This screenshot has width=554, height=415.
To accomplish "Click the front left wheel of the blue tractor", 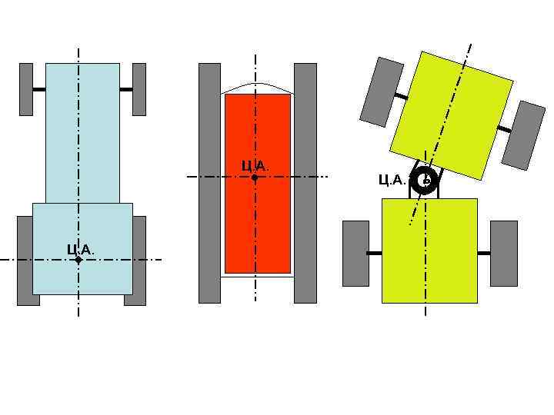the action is pyautogui.click(x=26, y=89).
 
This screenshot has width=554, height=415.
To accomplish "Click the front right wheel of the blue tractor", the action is pyautogui.click(x=139, y=89).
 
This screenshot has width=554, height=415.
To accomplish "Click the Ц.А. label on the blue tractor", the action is pyautogui.click(x=80, y=249).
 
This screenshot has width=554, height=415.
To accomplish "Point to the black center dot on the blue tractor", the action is pyautogui.click(x=78, y=261).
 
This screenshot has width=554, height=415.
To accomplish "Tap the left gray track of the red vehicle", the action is pyautogui.click(x=209, y=183).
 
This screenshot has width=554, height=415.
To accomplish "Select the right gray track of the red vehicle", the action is pyautogui.click(x=305, y=183).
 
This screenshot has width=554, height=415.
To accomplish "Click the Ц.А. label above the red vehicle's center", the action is pyautogui.click(x=255, y=165).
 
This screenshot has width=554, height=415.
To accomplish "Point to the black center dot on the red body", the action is pyautogui.click(x=255, y=177).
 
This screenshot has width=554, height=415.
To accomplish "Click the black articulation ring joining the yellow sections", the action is pyautogui.click(x=424, y=182).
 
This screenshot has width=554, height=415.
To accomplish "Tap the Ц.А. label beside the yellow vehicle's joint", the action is pyautogui.click(x=392, y=180).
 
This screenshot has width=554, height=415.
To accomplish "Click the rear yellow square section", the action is pyautogui.click(x=429, y=251).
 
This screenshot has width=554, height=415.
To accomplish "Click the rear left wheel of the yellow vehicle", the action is pyautogui.click(x=355, y=253).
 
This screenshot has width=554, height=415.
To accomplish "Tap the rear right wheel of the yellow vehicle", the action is pyautogui.click(x=504, y=253).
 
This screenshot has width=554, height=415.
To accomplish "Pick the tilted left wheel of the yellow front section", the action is pyautogui.click(x=382, y=91).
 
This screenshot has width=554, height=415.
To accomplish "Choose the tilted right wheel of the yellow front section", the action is pyautogui.click(x=523, y=134).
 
